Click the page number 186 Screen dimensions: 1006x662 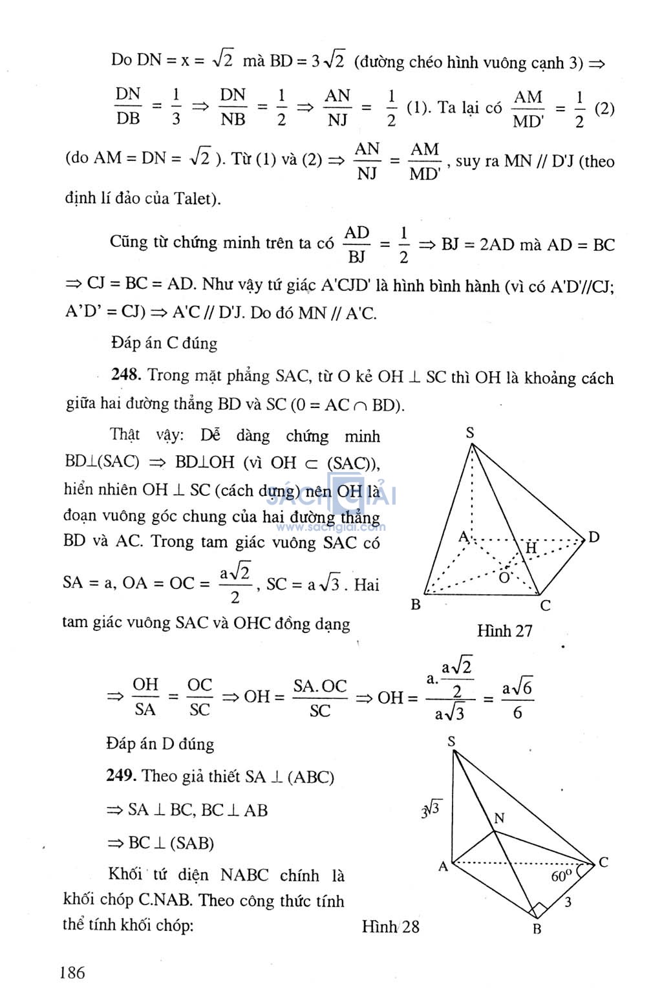click(72, 972)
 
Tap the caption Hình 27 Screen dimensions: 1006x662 click(504, 630)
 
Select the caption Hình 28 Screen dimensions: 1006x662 click(390, 927)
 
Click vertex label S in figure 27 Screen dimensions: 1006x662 click(471, 433)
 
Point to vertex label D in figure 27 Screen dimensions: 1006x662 click(593, 537)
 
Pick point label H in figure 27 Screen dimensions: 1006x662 click(531, 548)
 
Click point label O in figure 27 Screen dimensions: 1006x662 click(504, 576)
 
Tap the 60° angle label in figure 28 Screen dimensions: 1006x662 click(561, 876)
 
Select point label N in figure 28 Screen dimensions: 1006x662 click(499, 819)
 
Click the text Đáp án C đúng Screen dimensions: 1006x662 click(164, 343)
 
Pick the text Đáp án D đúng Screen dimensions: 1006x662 click(160, 744)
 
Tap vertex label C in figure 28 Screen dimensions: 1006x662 click(603, 862)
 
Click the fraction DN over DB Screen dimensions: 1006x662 click(128, 107)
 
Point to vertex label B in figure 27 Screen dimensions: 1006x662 click(416, 605)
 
